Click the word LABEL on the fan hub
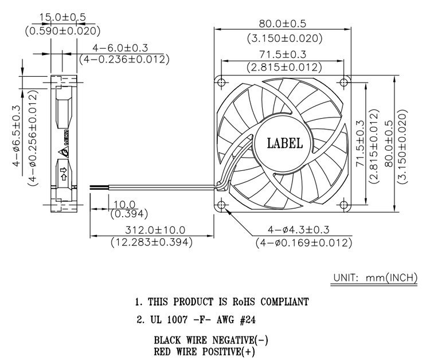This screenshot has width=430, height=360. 285,143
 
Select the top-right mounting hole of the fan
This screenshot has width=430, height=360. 343,82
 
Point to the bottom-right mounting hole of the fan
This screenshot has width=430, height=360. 343,205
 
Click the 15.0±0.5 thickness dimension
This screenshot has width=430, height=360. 62,17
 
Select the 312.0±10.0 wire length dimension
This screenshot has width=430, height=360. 155,230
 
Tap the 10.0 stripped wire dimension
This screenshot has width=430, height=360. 124,204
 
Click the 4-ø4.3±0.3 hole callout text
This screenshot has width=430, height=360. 298,229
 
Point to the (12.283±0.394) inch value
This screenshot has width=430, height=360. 152,242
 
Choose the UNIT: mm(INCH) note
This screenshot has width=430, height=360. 375,278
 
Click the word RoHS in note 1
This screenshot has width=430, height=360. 244,302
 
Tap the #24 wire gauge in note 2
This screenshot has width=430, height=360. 248,320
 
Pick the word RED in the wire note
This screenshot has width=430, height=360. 162,351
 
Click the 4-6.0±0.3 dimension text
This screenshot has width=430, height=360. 120,48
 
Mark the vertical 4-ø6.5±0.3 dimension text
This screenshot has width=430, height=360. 16,136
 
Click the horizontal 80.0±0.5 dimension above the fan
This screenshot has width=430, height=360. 283,24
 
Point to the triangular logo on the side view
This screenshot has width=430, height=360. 63,152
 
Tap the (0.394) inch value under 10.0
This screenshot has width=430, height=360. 129,214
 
